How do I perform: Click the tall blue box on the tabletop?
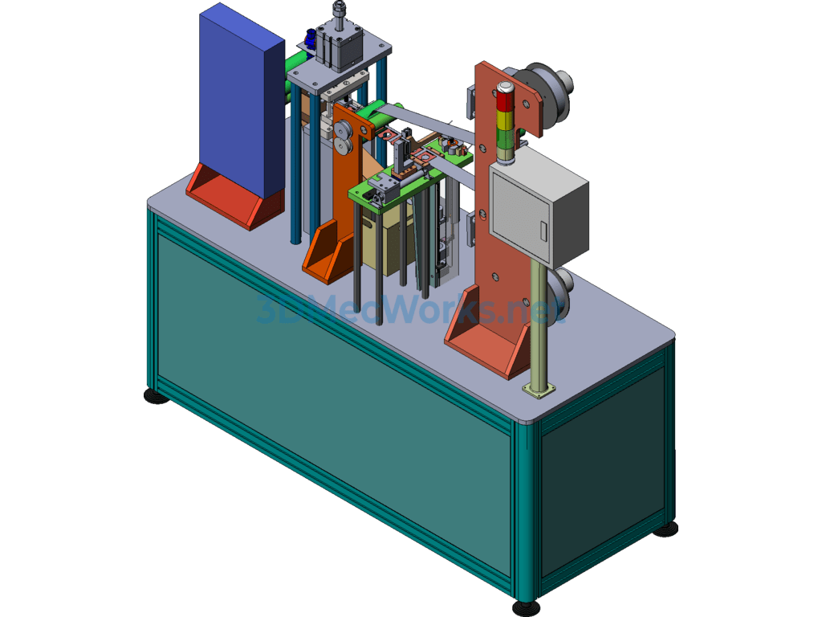241,105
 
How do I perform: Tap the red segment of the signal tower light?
505,100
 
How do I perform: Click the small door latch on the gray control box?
543,231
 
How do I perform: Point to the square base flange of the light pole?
539,390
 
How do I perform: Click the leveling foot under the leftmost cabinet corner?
157,396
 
